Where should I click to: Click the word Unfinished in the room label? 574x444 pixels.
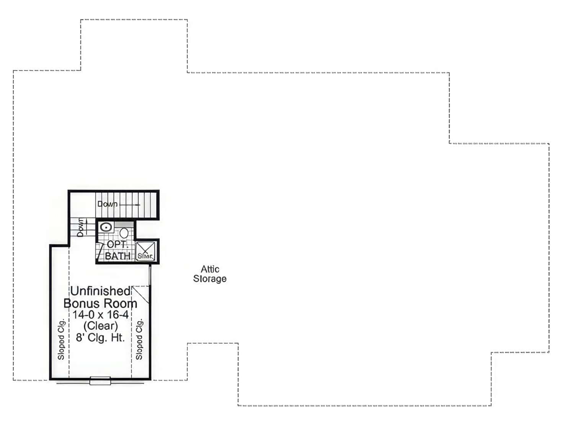tap(100, 291)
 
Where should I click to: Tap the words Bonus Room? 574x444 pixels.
tap(100, 304)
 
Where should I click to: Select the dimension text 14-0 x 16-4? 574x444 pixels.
tap(101, 315)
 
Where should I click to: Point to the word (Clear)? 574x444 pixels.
tap(101, 326)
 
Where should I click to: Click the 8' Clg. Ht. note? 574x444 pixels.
tap(100, 338)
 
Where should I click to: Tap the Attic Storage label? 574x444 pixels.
tap(210, 274)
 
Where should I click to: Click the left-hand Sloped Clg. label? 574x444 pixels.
tap(61, 339)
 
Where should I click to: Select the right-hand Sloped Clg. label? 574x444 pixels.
tap(139, 339)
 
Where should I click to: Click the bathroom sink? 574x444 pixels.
tap(106, 227)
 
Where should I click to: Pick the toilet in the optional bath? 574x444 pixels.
tap(124, 232)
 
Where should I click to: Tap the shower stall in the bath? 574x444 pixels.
tap(146, 251)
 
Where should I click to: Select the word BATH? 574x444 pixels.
tap(117, 256)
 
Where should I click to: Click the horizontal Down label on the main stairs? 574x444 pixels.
tap(107, 204)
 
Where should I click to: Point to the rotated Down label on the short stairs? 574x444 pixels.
tap(81, 227)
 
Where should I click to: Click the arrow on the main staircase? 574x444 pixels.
tap(130, 205)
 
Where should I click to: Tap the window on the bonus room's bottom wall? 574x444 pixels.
tap(100, 381)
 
